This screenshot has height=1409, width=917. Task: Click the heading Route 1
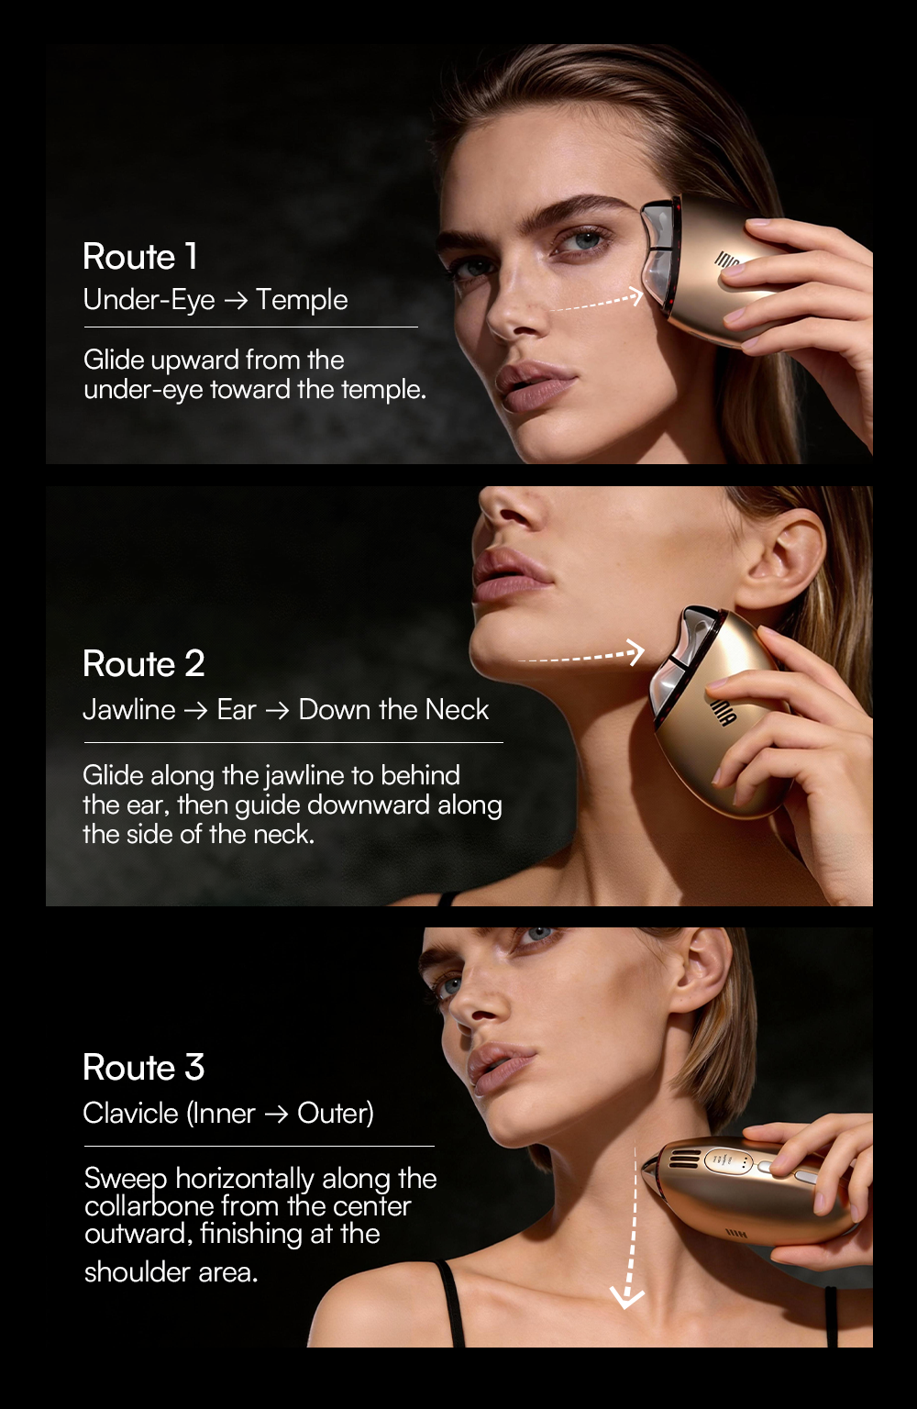[x=140, y=257]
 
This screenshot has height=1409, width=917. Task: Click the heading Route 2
[x=144, y=663]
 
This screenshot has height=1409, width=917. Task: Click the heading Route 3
[x=144, y=1068]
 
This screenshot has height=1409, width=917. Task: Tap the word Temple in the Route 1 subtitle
[x=302, y=301]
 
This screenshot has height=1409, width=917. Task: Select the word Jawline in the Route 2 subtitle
[x=129, y=710]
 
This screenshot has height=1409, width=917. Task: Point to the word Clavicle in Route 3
[x=131, y=1113]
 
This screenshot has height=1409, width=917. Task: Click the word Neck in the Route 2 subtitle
[x=457, y=710]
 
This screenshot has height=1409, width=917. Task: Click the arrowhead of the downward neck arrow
[x=627, y=1299]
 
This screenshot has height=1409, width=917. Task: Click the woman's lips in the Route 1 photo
[x=536, y=384]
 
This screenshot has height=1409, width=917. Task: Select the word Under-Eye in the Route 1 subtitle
[x=149, y=301]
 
